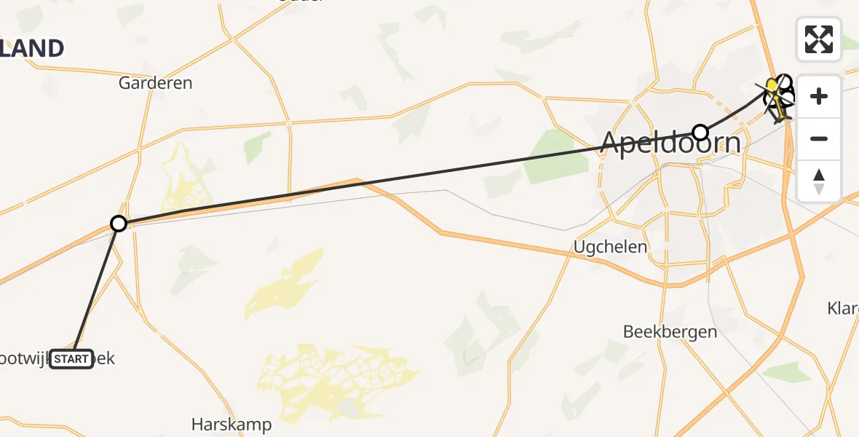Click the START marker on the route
pyautogui.click(x=71, y=359)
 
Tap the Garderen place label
pyautogui.click(x=156, y=83)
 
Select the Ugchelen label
pyautogui.click(x=610, y=247)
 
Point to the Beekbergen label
pyautogui.click(x=670, y=332)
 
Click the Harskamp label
pyautogui.click(x=231, y=424)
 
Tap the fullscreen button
pyautogui.click(x=819, y=39)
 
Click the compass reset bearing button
pyautogui.click(x=819, y=181)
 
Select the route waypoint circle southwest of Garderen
pyautogui.click(x=118, y=224)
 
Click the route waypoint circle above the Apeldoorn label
pyautogui.click(x=700, y=132)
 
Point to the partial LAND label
pyautogui.click(x=32, y=48)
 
